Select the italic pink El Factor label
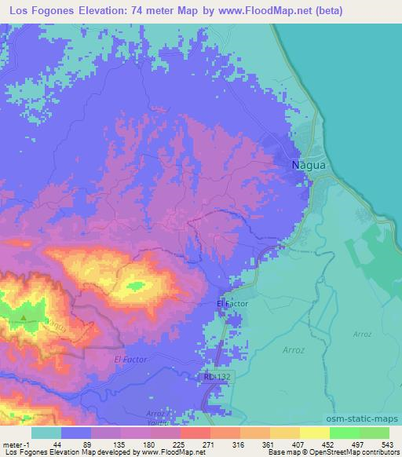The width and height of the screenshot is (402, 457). point(130,359)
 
